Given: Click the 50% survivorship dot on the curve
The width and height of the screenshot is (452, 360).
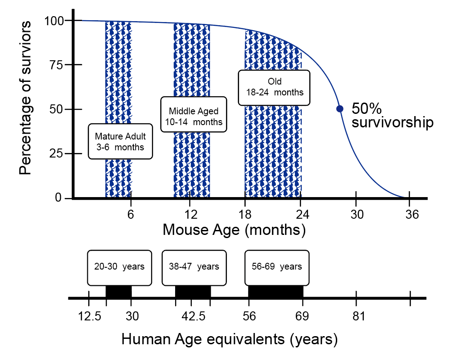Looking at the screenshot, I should pyautogui.click(x=340, y=108).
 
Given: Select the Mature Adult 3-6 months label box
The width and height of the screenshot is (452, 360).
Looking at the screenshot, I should pyautogui.click(x=120, y=141).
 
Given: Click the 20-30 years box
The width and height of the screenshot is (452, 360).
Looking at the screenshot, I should pyautogui.click(x=119, y=267).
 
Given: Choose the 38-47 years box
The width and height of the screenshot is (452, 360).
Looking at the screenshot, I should pyautogui.click(x=194, y=267).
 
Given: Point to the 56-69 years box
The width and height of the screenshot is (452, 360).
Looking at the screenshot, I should pyautogui.click(x=277, y=267).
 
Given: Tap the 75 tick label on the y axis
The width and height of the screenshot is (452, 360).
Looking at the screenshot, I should pyautogui.click(x=58, y=65).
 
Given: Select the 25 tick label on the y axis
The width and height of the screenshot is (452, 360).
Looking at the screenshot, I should pyautogui.click(x=58, y=153).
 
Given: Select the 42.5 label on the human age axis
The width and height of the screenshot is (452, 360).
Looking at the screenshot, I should pyautogui.click(x=193, y=317).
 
